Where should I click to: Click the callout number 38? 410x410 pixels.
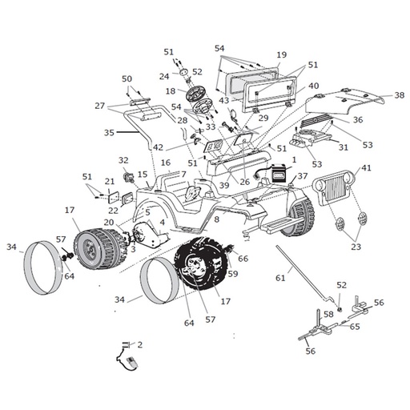point(399,95)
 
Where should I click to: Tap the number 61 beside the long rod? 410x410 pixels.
point(279,278)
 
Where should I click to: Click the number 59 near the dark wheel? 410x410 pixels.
point(233,274)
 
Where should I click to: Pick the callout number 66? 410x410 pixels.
point(243,259)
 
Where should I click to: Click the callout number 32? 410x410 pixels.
point(123,160)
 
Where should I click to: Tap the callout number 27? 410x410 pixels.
point(99,105)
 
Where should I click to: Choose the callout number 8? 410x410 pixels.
point(216,219)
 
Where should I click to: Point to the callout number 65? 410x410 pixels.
point(354,327)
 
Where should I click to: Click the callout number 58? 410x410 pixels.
point(328,315)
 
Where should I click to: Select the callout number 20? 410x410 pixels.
point(108,222)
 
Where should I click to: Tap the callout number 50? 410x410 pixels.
point(127,78)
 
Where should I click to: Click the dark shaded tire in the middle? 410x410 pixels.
point(201,263)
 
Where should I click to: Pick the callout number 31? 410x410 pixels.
point(343,147)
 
